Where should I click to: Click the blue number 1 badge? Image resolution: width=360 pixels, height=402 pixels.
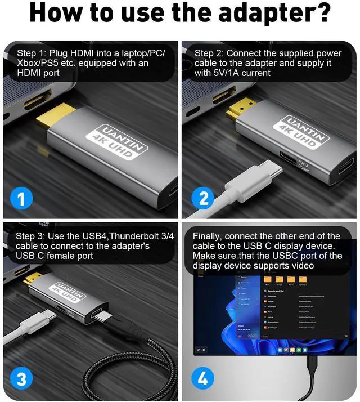pyautogui.click(x=21, y=198)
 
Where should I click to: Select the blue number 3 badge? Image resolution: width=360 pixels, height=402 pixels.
pyautogui.click(x=21, y=378)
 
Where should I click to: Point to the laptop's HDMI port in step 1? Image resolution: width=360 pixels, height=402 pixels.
pyautogui.click(x=22, y=107)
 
